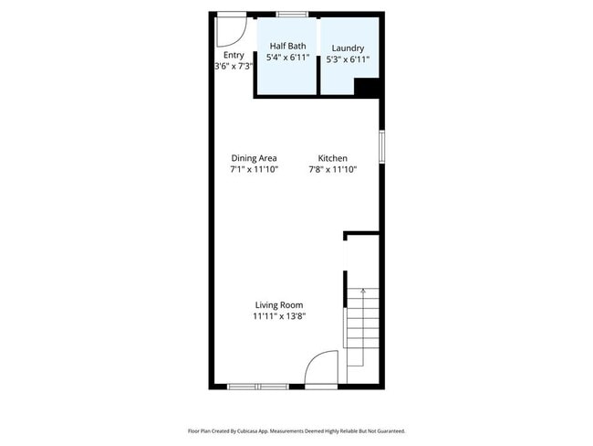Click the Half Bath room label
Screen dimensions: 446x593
[287, 46]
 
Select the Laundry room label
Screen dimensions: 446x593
[348, 48]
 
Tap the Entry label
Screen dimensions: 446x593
[233, 54]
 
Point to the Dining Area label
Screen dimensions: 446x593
[254, 158]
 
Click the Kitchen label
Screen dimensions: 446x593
[332, 158]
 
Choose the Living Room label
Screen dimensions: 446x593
[278, 305]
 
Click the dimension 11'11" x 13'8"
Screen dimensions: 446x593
[278, 316]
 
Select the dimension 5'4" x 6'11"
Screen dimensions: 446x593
[287, 58]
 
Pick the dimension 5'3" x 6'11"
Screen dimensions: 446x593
[348, 59]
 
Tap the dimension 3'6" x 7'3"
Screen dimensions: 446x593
[233, 66]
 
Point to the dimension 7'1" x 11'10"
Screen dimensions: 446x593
[254, 169]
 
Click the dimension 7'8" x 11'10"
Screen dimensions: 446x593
[332, 169]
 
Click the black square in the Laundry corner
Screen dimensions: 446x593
[366, 87]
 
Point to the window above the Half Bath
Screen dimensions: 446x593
[291, 14]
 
